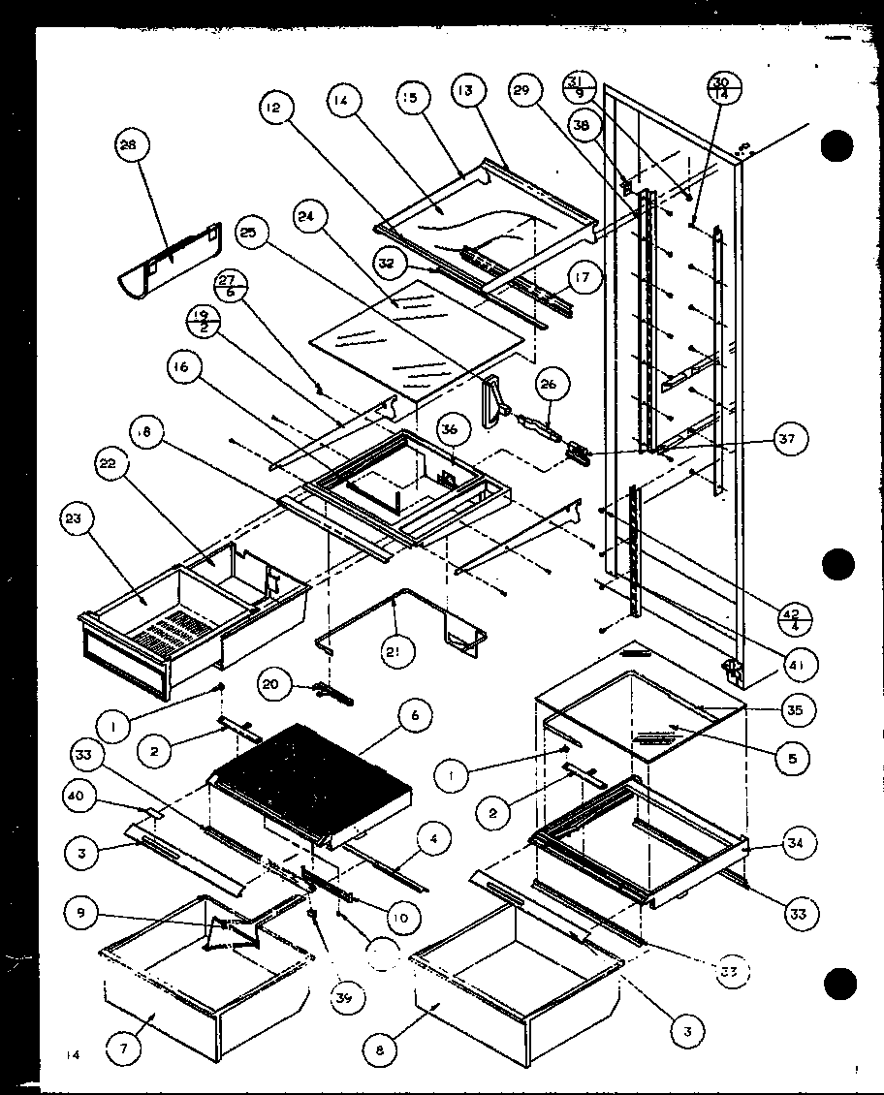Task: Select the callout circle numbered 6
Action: tap(414, 716)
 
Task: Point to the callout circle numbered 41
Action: tap(801, 665)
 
